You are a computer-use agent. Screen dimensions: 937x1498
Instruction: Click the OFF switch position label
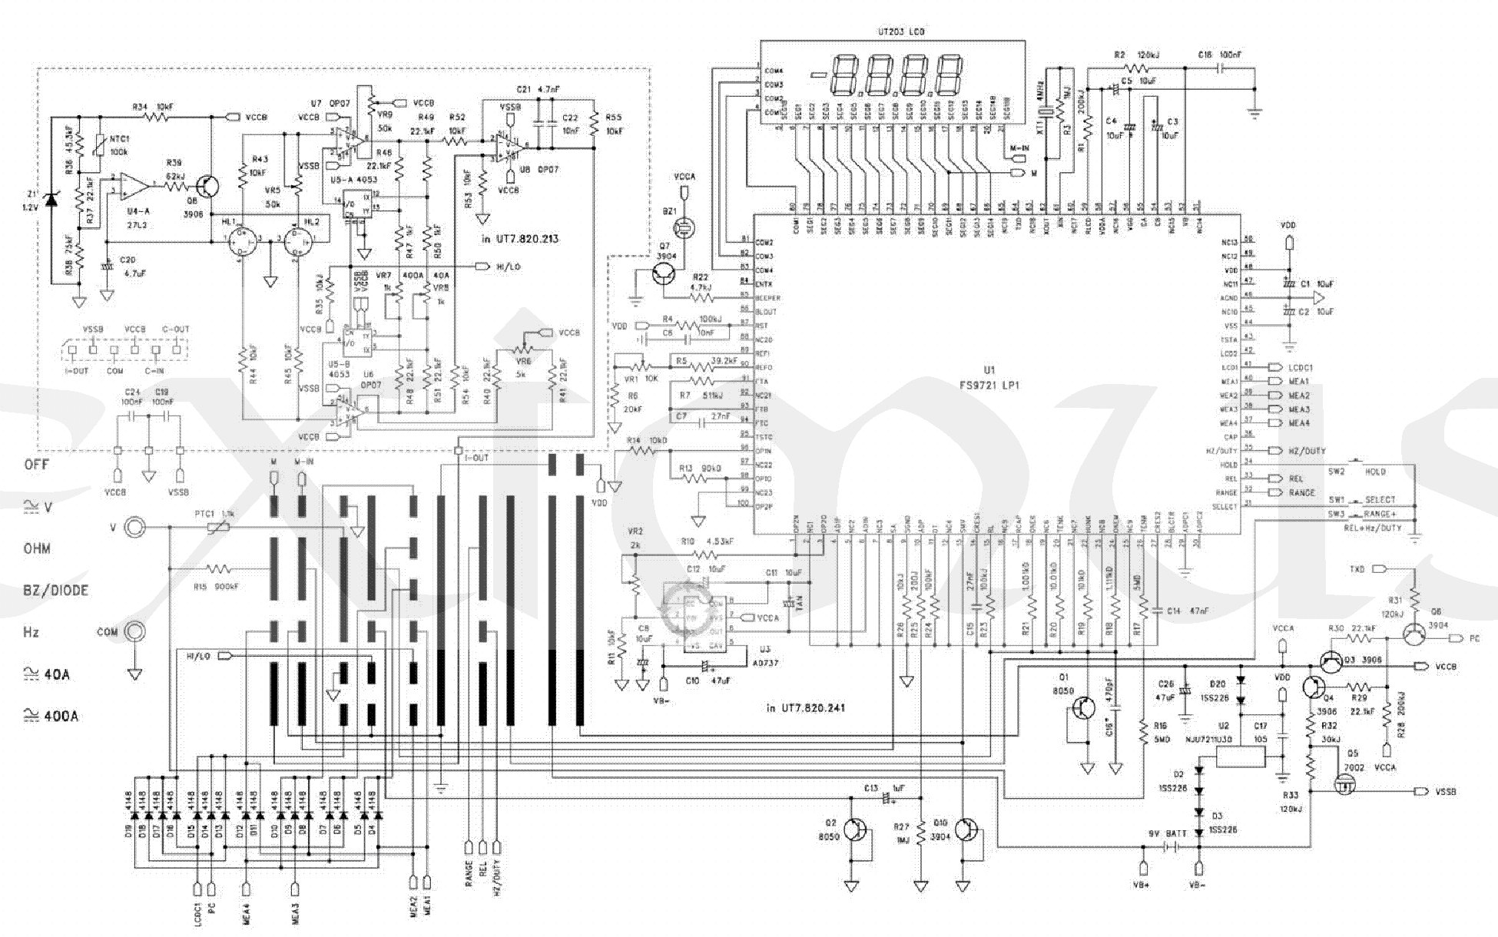[x=37, y=465]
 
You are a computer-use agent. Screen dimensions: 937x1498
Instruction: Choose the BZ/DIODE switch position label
[x=55, y=591]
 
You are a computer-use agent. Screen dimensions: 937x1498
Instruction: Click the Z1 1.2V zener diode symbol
[x=51, y=200]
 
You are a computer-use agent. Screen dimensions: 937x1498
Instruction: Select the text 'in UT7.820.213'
[x=520, y=239]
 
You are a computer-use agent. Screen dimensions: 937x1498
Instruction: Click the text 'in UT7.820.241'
[x=806, y=707]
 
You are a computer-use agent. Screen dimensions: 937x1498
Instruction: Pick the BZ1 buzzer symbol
[x=681, y=227]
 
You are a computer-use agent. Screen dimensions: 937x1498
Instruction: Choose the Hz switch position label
[x=31, y=633]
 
